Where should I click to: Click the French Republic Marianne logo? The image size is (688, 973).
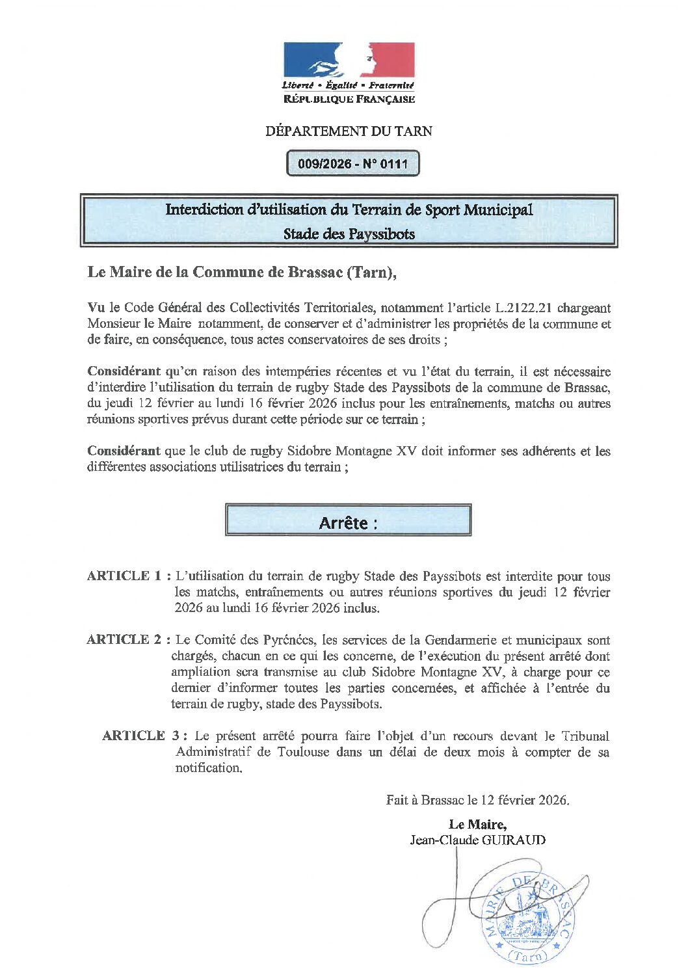349,60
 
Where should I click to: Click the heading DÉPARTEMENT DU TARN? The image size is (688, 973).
349,131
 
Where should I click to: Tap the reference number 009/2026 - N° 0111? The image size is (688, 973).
353,164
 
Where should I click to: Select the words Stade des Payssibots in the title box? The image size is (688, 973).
349,234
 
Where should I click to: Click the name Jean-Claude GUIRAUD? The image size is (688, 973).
477,840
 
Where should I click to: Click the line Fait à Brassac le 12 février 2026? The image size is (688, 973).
477,801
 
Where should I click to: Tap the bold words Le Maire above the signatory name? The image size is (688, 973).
477,825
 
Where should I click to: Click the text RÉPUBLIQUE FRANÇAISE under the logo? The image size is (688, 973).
349,100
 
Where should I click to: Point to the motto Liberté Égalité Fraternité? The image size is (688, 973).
348,85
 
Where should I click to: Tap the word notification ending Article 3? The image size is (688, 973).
208,768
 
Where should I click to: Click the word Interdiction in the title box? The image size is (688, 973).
204,210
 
